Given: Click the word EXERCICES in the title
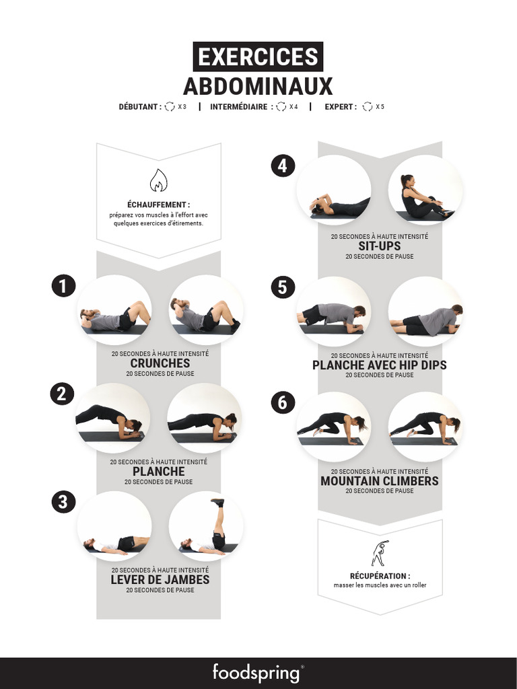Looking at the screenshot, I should [258, 57].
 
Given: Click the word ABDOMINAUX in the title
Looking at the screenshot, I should [258, 86].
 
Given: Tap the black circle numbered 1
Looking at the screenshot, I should [63, 287].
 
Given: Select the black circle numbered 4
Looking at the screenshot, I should [283, 166].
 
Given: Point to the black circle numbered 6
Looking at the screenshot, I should [283, 402].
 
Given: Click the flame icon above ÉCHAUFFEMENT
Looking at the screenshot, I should [158, 180].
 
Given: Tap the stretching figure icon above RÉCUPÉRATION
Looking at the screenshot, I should [380, 553].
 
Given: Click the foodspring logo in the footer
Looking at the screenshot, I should [258, 672].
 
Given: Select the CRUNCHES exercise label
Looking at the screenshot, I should [160, 363].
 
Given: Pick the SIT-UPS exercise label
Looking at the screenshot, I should [379, 246].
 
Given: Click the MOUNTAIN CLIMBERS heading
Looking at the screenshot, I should [379, 481].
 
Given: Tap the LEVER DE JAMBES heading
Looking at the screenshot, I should [160, 579].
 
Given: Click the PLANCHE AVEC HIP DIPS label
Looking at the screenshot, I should [379, 365].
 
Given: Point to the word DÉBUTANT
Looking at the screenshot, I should [139, 107].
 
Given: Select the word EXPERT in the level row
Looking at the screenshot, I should [339, 107].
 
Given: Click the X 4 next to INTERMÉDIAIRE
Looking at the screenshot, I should [294, 107].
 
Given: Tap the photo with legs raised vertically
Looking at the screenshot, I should [206, 528].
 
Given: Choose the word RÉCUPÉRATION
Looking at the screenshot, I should [379, 576].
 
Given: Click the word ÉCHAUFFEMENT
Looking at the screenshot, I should [158, 205].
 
